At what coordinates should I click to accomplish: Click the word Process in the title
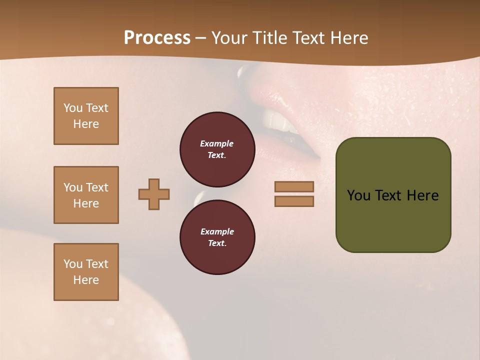(157, 38)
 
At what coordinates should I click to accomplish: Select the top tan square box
(86, 116)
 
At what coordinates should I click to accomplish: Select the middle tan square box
(86, 195)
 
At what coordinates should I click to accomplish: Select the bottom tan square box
(86, 272)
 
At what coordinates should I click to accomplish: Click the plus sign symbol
(154, 194)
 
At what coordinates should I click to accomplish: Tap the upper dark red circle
(217, 149)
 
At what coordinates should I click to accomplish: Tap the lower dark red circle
(217, 237)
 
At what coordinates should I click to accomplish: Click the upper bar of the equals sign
(294, 186)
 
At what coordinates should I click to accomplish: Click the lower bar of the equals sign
(294, 201)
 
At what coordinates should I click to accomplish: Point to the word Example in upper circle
(216, 143)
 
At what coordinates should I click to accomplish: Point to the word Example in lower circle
(217, 231)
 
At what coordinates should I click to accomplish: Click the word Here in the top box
(86, 124)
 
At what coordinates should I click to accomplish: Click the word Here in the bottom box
(86, 280)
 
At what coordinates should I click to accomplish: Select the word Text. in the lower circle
(217, 243)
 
